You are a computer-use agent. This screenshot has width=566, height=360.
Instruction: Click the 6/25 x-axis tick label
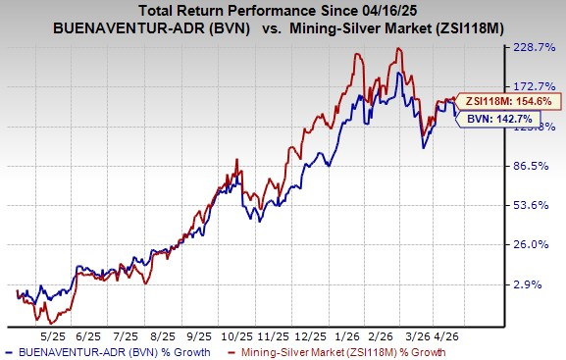[x=86, y=334]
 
